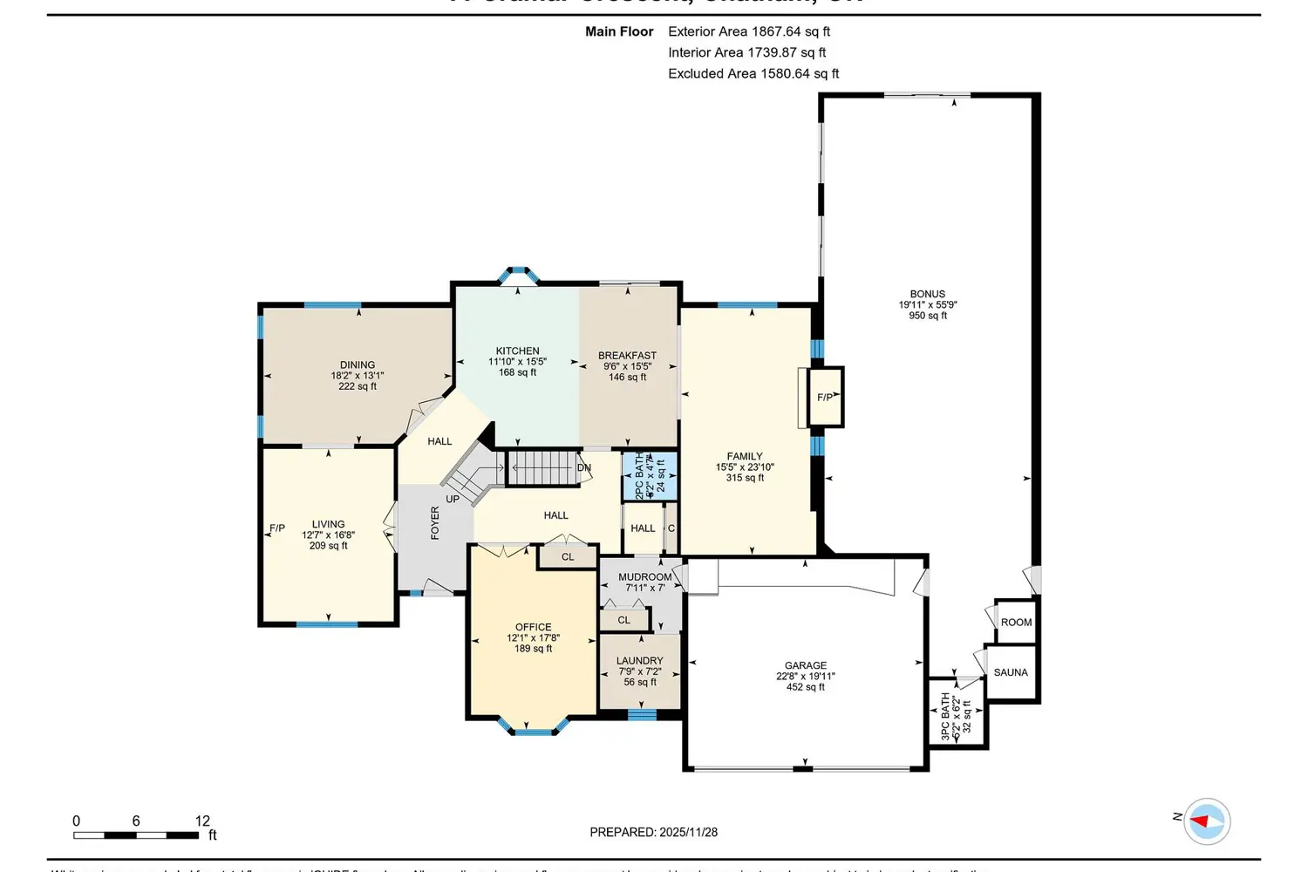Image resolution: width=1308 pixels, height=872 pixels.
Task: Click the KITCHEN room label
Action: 517,351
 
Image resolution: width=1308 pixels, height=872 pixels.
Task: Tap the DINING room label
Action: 358,364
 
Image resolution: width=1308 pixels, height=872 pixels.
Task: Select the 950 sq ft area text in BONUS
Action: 928,316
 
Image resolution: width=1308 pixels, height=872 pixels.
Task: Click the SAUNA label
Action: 1011,672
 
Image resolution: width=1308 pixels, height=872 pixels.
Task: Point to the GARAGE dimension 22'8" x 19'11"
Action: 806,676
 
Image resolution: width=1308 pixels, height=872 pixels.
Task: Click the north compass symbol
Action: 1207,821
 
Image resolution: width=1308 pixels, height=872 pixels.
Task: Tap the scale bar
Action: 136,835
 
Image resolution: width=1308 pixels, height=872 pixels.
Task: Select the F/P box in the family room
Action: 825,398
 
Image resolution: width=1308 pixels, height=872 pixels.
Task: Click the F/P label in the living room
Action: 277,528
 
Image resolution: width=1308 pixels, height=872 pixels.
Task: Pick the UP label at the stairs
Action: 453,499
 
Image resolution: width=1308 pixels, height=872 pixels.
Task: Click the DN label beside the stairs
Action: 584,468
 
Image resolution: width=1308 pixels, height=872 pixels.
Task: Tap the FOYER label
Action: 435,523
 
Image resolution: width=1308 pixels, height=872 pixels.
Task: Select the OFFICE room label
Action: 533,627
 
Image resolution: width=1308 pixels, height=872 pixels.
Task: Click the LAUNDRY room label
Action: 640,661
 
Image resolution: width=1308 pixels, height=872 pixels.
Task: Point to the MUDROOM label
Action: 645,576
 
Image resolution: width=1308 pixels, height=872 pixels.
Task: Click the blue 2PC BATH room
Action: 650,476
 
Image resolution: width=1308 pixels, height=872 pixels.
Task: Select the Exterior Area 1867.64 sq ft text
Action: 748,31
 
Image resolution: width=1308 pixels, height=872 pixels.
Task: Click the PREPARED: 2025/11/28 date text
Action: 653,832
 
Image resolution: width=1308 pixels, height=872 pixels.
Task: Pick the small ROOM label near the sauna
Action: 1016,622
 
